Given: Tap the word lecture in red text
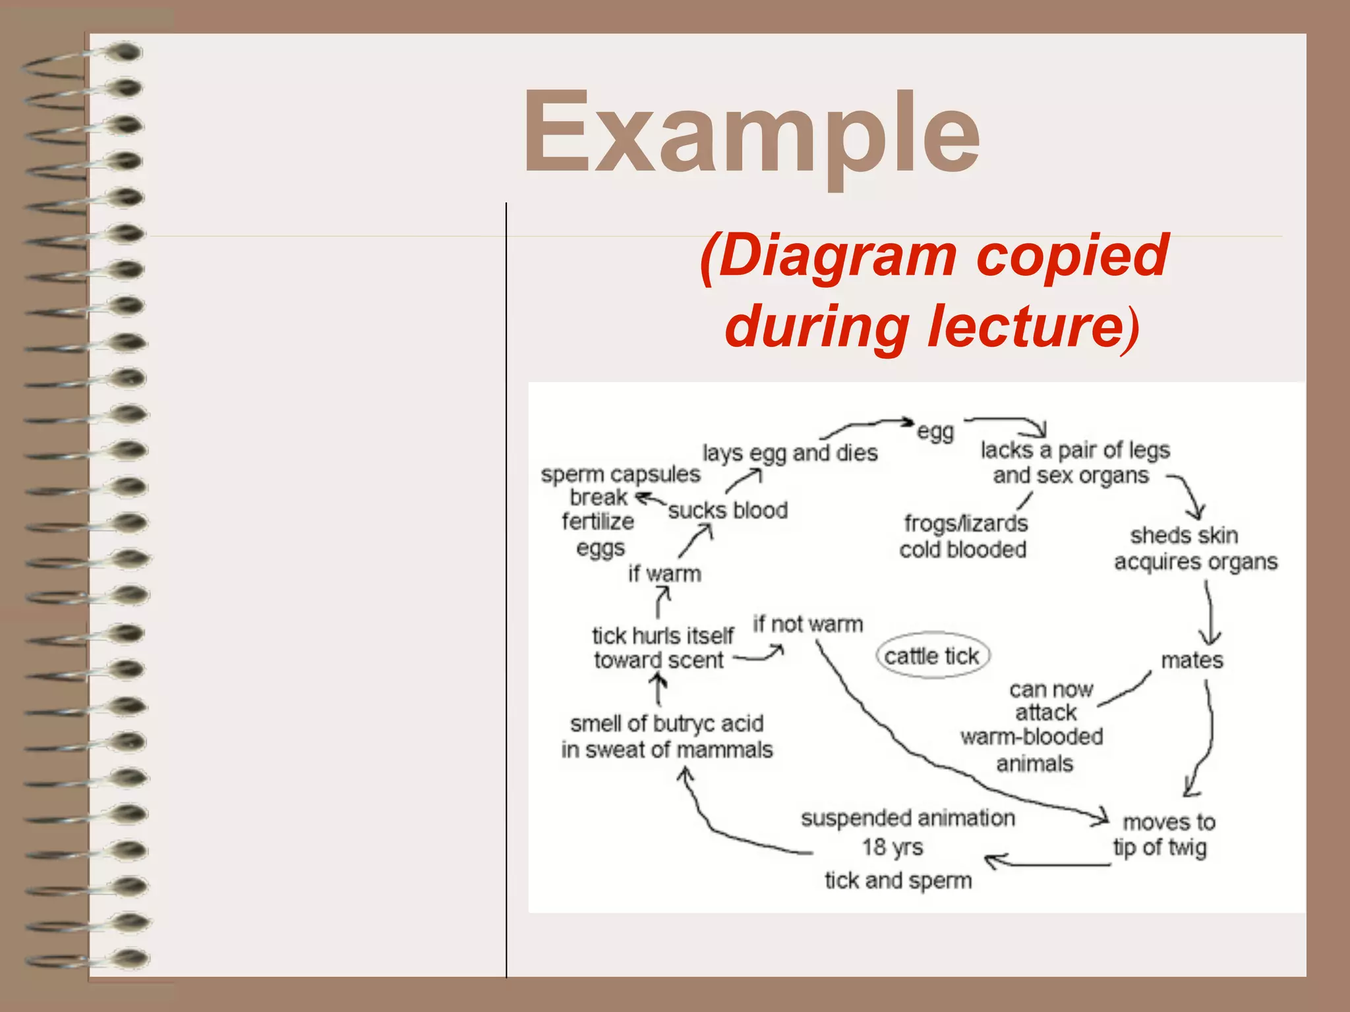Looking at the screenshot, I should (1022, 325).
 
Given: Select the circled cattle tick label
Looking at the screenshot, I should (932, 656).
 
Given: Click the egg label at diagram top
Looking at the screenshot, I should (935, 432).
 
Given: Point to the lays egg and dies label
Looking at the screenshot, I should (790, 453).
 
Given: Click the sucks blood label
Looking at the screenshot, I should (728, 511).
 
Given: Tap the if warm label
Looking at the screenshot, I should (664, 574).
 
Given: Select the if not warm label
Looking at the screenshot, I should (807, 624).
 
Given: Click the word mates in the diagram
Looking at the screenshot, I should (1192, 660).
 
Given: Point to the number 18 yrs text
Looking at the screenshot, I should (893, 847).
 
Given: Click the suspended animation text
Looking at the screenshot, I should (908, 818).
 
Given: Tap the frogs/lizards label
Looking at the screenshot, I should (966, 524).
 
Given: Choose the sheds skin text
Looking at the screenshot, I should (1184, 536).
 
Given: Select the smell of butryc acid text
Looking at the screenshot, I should (666, 724).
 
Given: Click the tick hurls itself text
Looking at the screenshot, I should (662, 636).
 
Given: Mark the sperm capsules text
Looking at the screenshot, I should (620, 474).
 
